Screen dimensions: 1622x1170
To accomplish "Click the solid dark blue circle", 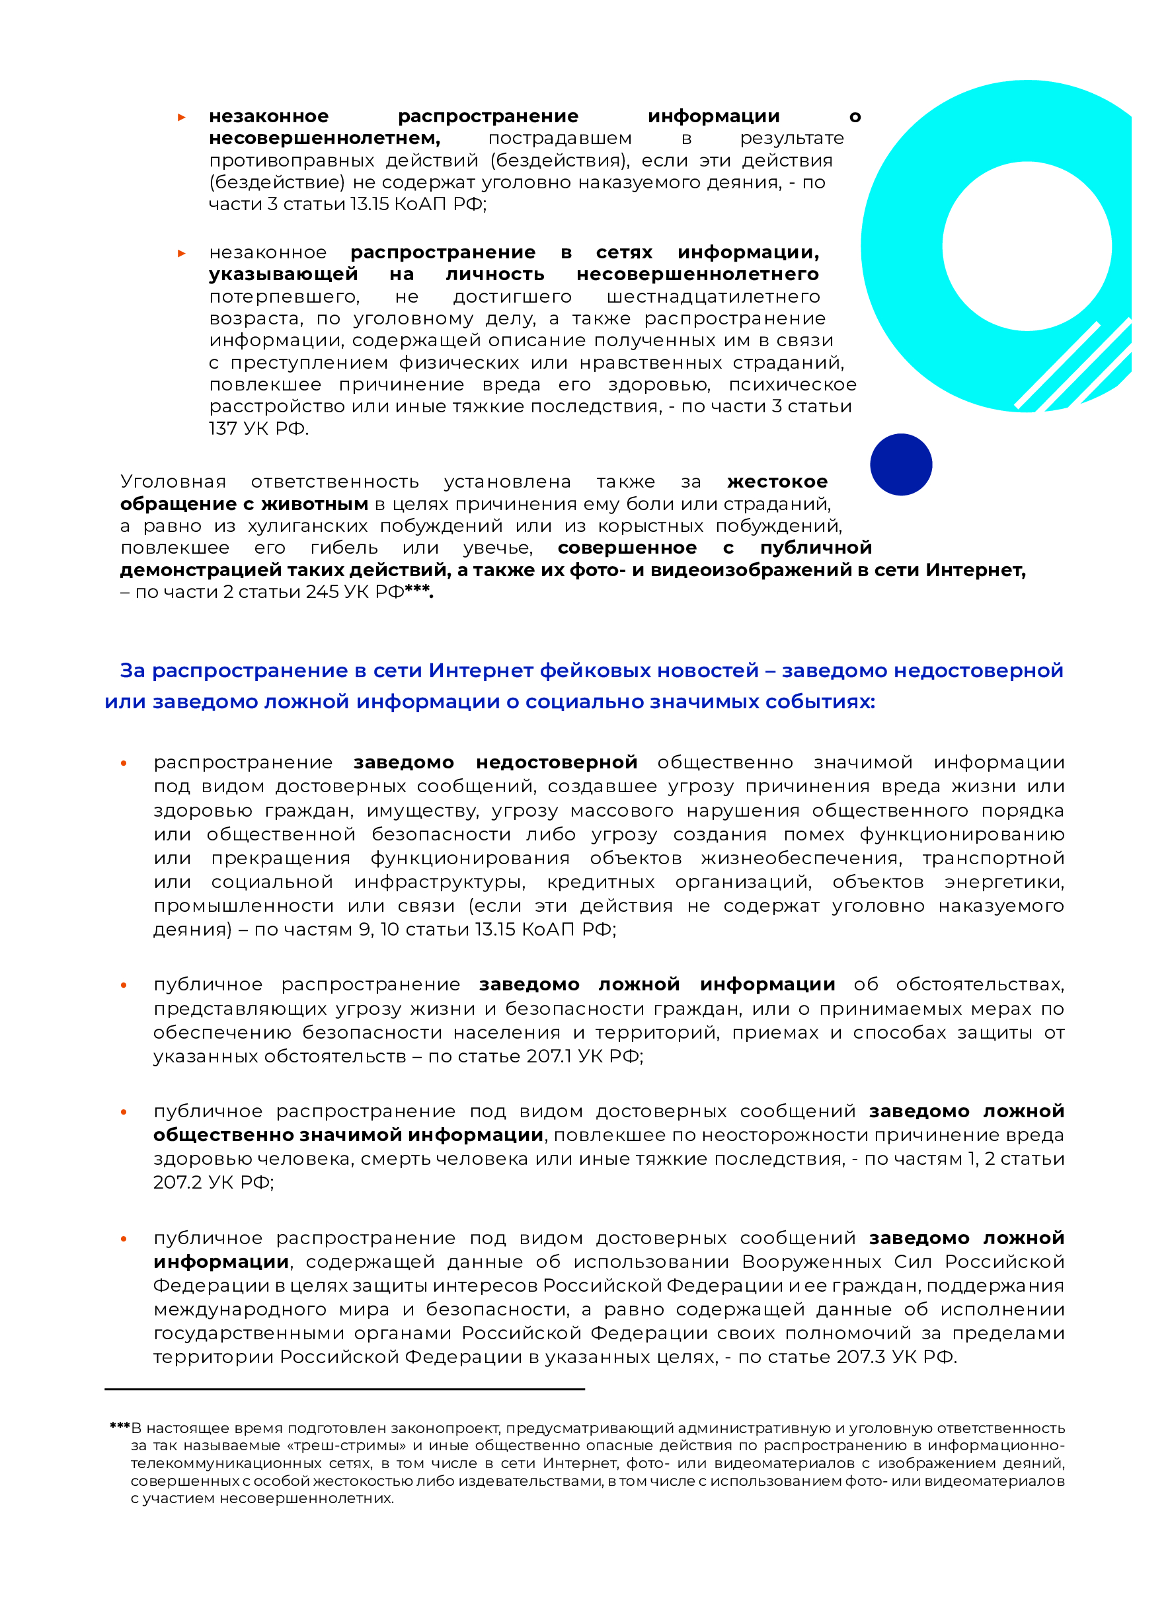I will point(900,464).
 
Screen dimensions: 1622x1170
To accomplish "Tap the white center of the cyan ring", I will point(1026,246).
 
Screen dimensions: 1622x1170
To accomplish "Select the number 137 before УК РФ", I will point(223,428).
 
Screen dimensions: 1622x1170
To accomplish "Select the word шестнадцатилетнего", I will point(713,297).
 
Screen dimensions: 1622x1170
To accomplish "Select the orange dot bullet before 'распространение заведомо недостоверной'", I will point(124,764).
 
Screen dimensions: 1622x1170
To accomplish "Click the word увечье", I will point(497,548).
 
